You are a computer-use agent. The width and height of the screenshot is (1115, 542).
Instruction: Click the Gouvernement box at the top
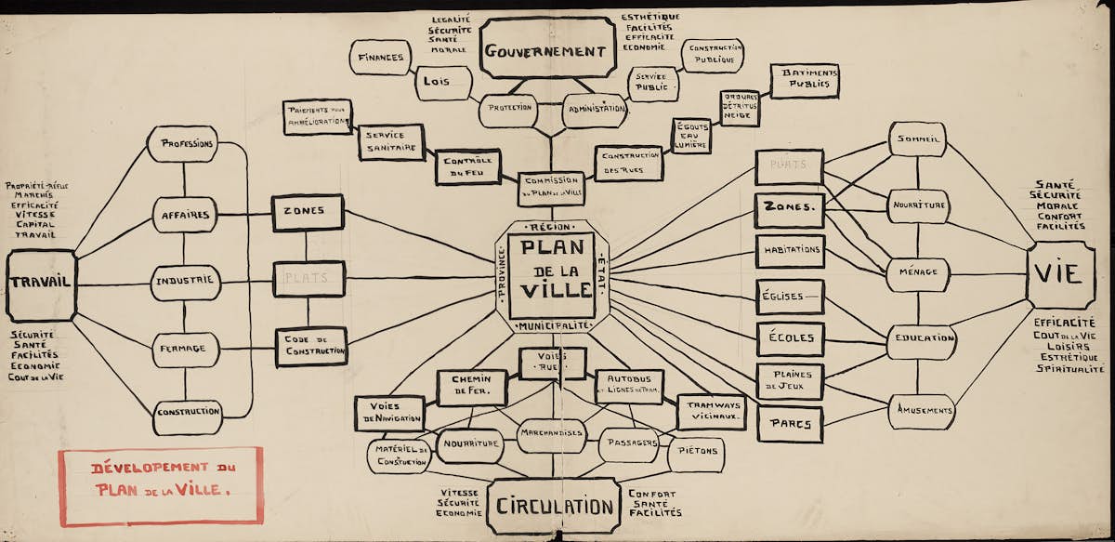[547, 50]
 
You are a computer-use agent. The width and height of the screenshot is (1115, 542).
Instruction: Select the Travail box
[41, 284]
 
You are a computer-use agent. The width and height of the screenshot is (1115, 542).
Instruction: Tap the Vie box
[1059, 274]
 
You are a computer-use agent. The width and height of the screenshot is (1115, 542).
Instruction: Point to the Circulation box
[554, 506]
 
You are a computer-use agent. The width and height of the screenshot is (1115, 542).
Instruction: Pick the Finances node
[380, 58]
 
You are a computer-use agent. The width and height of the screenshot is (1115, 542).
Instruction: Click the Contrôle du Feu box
[469, 166]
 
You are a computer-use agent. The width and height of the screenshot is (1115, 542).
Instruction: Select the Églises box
[789, 297]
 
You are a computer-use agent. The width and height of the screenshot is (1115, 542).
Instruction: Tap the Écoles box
[789, 338]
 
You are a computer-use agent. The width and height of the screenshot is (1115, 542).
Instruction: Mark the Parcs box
[789, 424]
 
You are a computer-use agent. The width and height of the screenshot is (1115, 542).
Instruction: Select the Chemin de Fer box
[472, 387]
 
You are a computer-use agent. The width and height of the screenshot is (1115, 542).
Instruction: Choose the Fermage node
[185, 349]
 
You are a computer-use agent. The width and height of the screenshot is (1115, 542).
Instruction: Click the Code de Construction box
[310, 346]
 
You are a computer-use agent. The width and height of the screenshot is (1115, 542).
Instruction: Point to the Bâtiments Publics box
[804, 81]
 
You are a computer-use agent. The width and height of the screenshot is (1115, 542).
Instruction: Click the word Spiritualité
[1070, 369]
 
